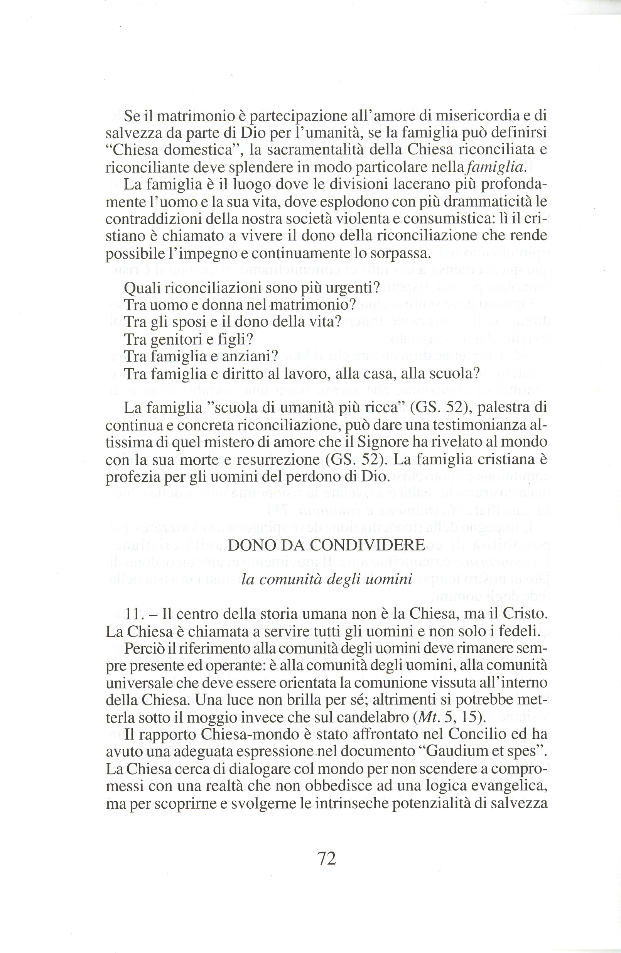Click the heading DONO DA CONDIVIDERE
click(x=326, y=545)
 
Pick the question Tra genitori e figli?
click(x=189, y=339)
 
